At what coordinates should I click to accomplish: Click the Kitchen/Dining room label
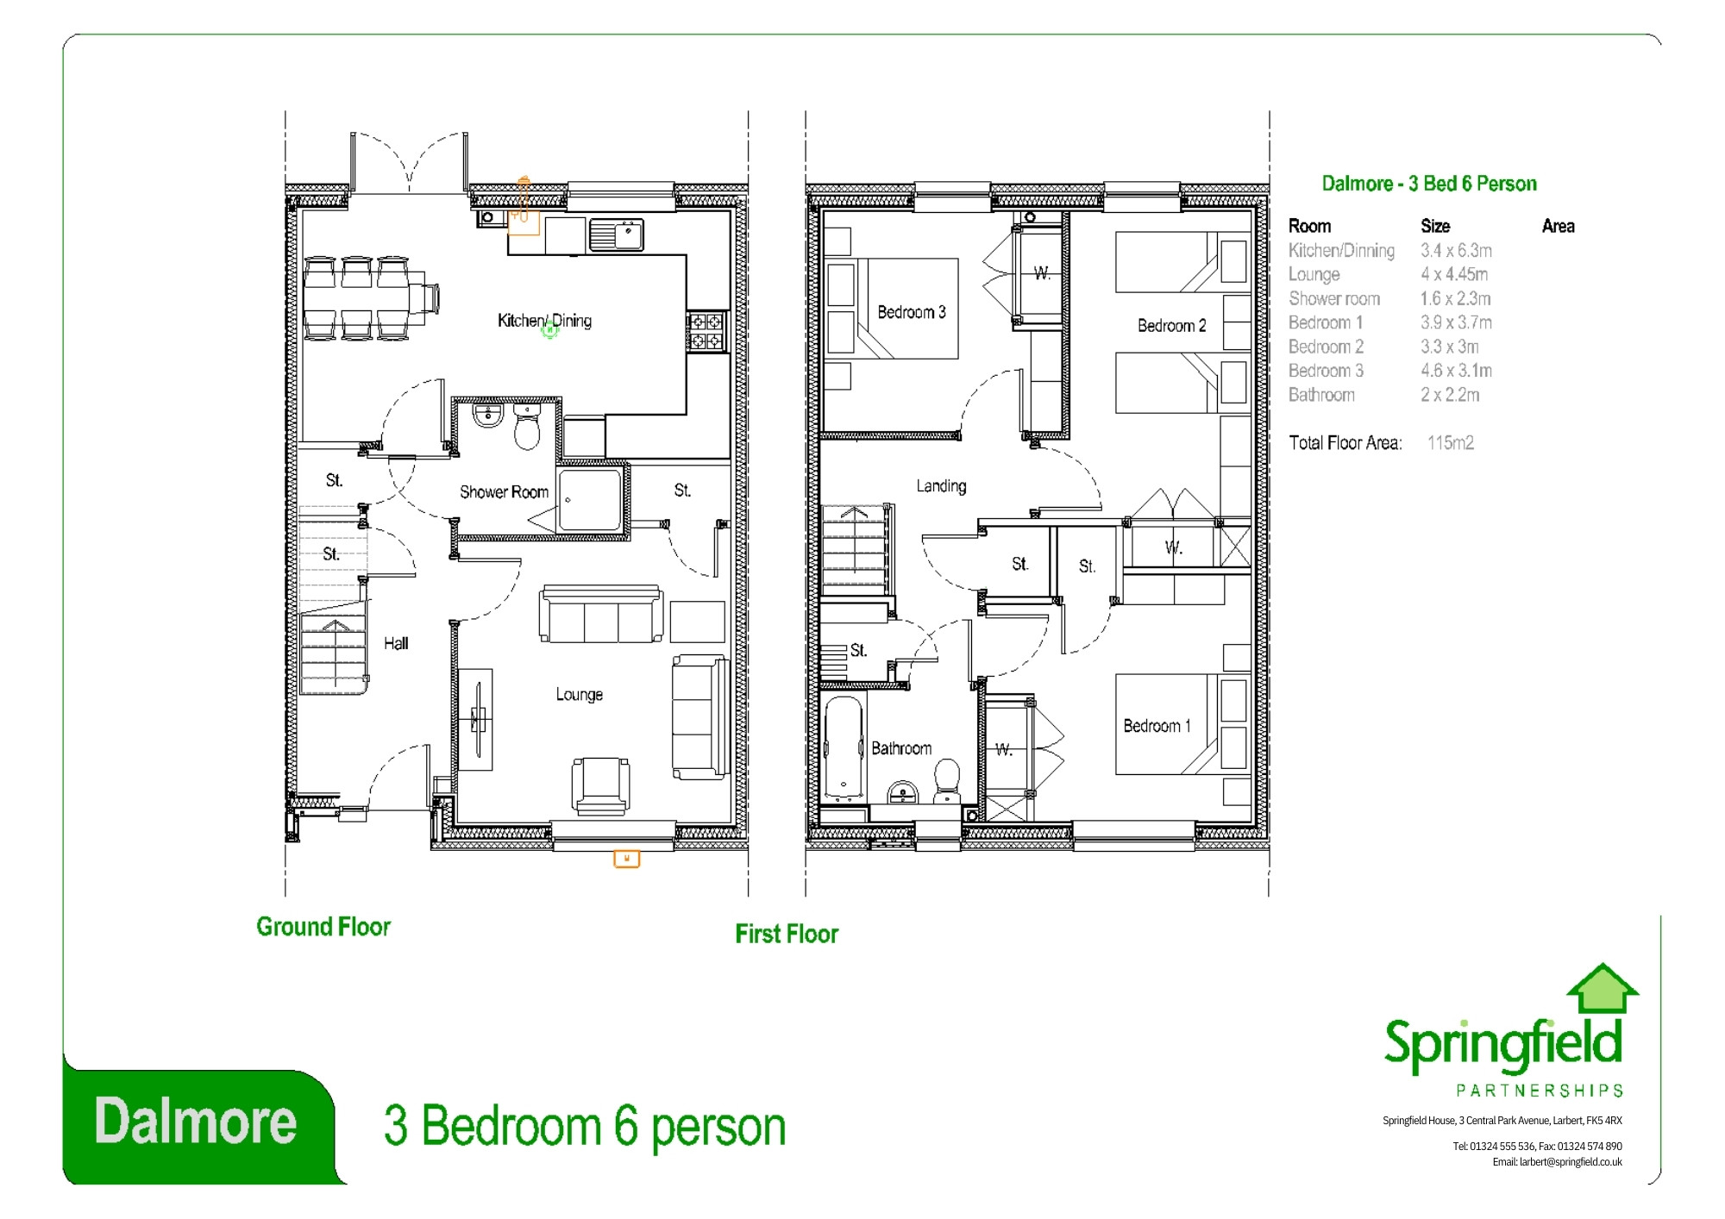[x=544, y=321]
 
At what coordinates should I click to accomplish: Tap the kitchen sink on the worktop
[x=616, y=234]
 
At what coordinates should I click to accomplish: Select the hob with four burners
[x=707, y=332]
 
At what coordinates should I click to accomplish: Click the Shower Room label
[x=504, y=492]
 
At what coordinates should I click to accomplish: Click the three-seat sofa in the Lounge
[x=601, y=616]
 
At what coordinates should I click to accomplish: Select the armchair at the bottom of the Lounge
[x=600, y=785]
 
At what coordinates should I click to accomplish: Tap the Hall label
[x=396, y=643]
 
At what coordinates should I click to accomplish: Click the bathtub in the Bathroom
[x=843, y=747]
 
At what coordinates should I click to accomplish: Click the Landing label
[x=941, y=486]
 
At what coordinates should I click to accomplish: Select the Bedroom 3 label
[x=911, y=312]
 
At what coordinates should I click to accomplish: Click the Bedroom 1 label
[x=1157, y=726]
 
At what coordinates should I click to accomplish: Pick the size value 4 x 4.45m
[x=1454, y=274]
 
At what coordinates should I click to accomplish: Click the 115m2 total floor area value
[x=1450, y=443]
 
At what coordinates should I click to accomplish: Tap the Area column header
[x=1558, y=226]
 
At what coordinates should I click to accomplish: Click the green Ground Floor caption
[x=323, y=927]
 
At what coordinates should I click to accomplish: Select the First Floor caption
[x=786, y=934]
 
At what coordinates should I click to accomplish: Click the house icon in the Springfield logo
[x=1602, y=989]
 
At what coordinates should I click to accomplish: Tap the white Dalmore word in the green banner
[x=196, y=1121]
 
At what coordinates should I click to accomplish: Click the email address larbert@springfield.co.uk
[x=1570, y=1162]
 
